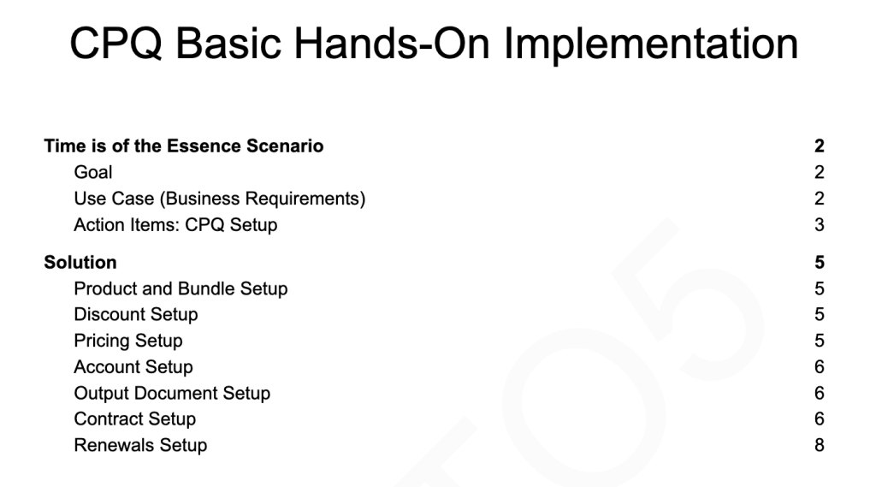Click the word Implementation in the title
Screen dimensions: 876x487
click(651, 45)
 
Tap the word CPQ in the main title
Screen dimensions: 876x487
click(115, 43)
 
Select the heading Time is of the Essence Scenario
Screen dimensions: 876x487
click(184, 146)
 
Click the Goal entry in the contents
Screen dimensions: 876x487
click(92, 172)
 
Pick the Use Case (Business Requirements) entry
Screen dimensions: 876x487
click(220, 199)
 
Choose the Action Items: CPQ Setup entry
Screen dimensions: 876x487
click(175, 225)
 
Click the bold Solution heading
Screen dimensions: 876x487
click(80, 262)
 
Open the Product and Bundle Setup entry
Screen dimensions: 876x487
click(181, 288)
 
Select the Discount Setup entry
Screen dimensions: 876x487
click(136, 314)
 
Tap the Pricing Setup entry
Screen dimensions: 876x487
click(128, 341)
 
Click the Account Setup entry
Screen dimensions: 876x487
click(133, 367)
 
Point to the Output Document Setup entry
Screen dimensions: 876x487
click(172, 393)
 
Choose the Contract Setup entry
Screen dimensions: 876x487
click(134, 419)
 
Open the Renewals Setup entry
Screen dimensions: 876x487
click(140, 445)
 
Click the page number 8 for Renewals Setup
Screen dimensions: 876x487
click(820, 445)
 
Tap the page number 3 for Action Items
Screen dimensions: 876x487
click(820, 225)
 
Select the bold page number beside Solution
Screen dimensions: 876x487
click(820, 262)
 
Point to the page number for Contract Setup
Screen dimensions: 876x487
click(820, 419)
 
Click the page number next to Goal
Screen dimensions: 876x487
click(820, 172)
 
